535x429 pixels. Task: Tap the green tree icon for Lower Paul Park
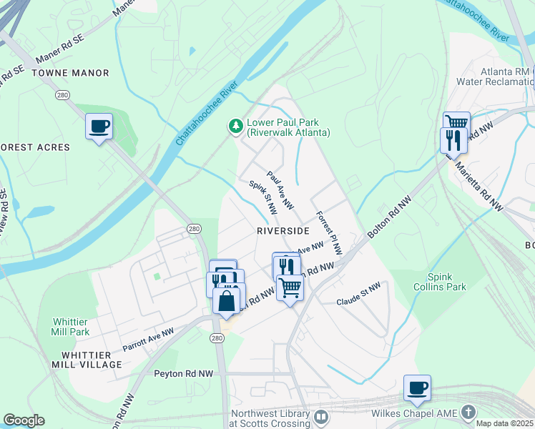pyautogui.click(x=235, y=127)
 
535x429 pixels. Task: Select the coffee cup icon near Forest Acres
pyautogui.click(x=99, y=127)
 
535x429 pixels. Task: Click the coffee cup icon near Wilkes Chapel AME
pyautogui.click(x=417, y=388)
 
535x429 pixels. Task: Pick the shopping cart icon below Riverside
pyautogui.click(x=290, y=287)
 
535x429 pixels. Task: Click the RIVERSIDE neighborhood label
pyautogui.click(x=283, y=231)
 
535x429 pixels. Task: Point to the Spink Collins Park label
pyautogui.click(x=446, y=282)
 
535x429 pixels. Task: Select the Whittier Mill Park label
pyautogui.click(x=70, y=327)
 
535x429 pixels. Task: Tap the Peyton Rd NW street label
pyautogui.click(x=184, y=373)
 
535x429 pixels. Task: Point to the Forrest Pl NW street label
pyautogui.click(x=330, y=232)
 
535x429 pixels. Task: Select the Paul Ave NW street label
pyautogui.click(x=280, y=189)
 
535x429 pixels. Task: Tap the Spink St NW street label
pyautogui.click(x=262, y=198)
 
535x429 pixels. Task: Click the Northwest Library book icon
pyautogui.click(x=321, y=415)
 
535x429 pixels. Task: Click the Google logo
pyautogui.click(x=24, y=420)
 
